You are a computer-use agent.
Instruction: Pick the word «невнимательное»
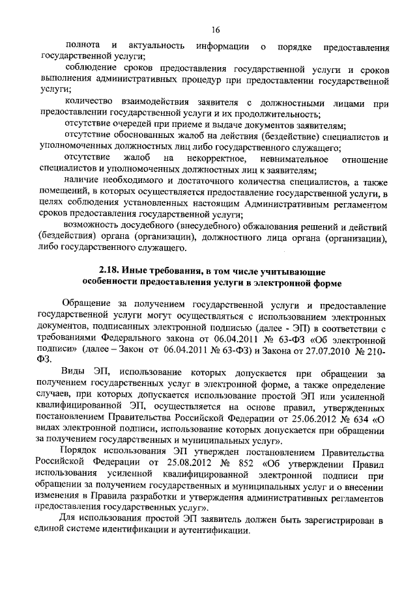click(291, 159)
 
